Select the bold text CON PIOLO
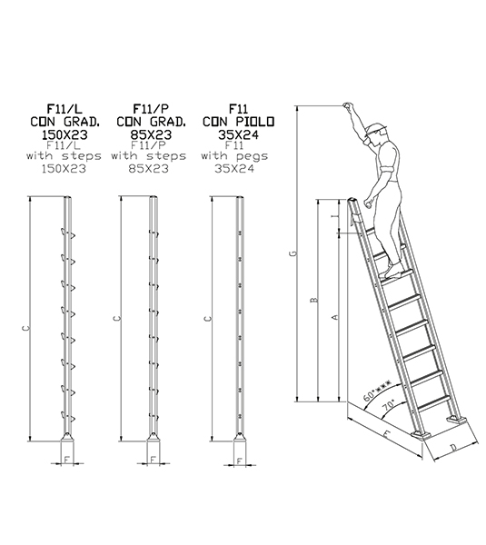click(x=238, y=121)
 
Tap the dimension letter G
click(x=290, y=254)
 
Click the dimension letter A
click(x=335, y=317)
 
